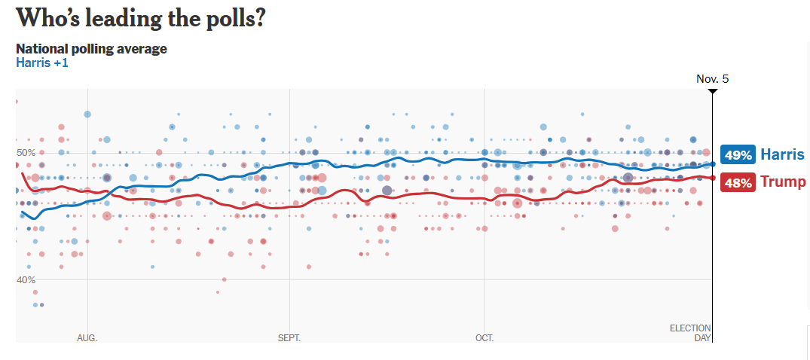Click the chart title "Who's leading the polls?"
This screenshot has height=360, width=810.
point(140,18)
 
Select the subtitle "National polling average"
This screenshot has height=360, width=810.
point(91,49)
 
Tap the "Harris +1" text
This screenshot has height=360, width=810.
point(42,63)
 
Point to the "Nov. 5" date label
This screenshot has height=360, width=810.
point(712,78)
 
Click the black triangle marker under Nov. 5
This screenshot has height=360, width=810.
point(712,92)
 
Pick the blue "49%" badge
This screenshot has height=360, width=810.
point(738,154)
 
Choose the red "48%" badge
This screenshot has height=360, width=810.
point(738,182)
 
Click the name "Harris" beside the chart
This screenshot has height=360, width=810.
point(782,154)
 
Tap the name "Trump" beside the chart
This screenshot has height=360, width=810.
point(783,182)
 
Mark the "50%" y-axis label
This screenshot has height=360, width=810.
point(26,153)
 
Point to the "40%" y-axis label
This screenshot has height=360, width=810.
point(26,279)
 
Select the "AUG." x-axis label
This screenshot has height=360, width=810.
point(87,338)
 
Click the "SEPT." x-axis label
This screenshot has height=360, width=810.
point(289,338)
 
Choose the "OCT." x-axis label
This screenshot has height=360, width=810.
point(484,338)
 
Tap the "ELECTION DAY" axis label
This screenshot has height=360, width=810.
point(691,333)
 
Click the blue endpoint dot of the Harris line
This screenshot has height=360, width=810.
point(713,163)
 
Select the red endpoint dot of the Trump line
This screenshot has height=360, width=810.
point(713,178)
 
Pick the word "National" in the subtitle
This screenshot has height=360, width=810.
point(41,49)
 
